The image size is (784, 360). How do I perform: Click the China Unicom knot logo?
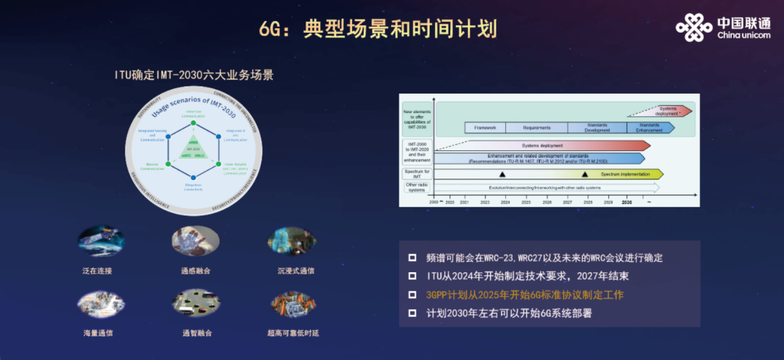pyautogui.click(x=694, y=28)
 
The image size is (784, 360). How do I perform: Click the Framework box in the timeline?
pyautogui.click(x=485, y=127)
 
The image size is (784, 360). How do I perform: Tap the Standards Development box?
pyautogui.click(x=597, y=127)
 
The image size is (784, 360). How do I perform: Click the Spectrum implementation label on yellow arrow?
pyautogui.click(x=624, y=174)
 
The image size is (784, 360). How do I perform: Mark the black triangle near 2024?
pyautogui.click(x=502, y=174)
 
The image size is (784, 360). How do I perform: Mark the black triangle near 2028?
pyautogui.click(x=585, y=174)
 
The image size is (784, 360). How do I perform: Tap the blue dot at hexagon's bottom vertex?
pyautogui.click(x=194, y=177)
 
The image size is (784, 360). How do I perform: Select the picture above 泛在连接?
pyautogui.click(x=101, y=241)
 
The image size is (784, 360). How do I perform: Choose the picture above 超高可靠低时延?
pyautogui.click(x=293, y=303)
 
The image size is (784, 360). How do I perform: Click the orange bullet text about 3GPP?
pyautogui.click(x=525, y=295)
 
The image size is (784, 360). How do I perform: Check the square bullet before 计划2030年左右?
pyautogui.click(x=412, y=314)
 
